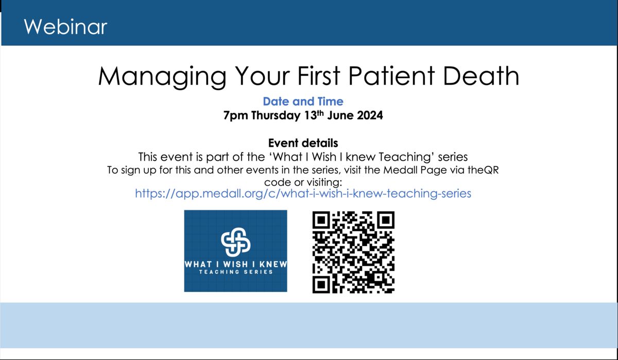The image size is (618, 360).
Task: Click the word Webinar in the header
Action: [65, 27]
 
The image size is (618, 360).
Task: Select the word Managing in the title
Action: [162, 77]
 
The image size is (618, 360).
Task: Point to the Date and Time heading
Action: [303, 101]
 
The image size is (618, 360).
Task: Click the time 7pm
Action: [236, 115]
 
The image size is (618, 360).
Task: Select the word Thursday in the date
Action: [276, 115]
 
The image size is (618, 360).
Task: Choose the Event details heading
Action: [303, 143]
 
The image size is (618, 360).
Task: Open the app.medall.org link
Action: [303, 193]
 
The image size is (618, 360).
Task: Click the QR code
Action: [353, 252]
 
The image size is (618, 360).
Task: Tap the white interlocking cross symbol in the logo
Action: [236, 242]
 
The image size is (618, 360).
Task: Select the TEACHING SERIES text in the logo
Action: [236, 272]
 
